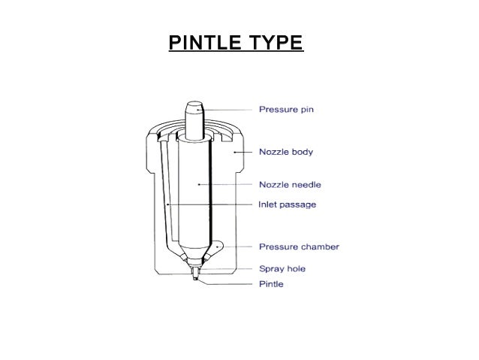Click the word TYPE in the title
click(275, 41)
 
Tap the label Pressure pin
click(286, 110)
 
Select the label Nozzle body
click(286, 152)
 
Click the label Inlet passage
click(288, 204)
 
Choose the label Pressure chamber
click(299, 246)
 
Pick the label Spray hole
click(282, 268)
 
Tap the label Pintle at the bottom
click(271, 284)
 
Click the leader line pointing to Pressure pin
click(228, 110)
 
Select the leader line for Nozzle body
click(246, 152)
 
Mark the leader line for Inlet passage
click(210, 204)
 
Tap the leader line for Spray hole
click(230, 268)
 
